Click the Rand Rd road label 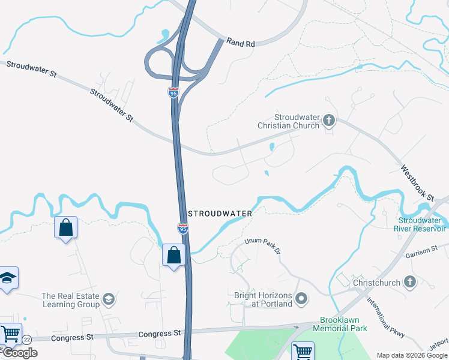[x=241, y=43]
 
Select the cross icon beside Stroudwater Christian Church [x=328, y=121]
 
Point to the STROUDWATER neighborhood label [x=220, y=213]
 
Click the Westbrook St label [x=417, y=182]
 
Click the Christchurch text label [x=376, y=282]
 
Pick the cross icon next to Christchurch [x=409, y=281]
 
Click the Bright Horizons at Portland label [x=263, y=299]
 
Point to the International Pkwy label [x=385, y=318]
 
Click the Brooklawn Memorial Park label [x=343, y=324]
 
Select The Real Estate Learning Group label [x=70, y=300]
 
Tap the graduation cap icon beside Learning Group [x=109, y=299]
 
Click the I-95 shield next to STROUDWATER [x=183, y=228]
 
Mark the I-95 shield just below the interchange [x=173, y=92]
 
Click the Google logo [x=19, y=353]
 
